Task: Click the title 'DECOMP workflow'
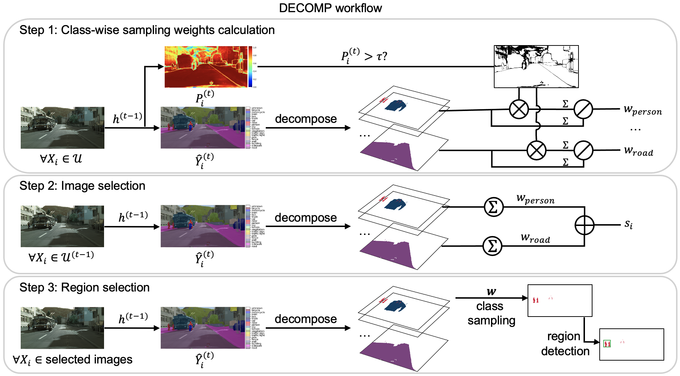(330, 8)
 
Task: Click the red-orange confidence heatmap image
(206, 67)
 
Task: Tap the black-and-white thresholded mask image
(536, 67)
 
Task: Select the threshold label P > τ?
(364, 56)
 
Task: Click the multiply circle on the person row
(519, 109)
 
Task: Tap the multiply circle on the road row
(536, 150)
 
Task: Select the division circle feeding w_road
(583, 150)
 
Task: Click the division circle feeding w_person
(583, 109)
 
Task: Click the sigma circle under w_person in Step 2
(494, 207)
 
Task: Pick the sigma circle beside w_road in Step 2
(492, 246)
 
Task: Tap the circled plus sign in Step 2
(584, 225)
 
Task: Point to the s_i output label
(628, 224)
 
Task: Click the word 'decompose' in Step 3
(306, 319)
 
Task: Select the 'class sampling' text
(491, 313)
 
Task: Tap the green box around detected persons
(607, 344)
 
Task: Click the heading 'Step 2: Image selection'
(82, 186)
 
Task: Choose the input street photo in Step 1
(62, 127)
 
